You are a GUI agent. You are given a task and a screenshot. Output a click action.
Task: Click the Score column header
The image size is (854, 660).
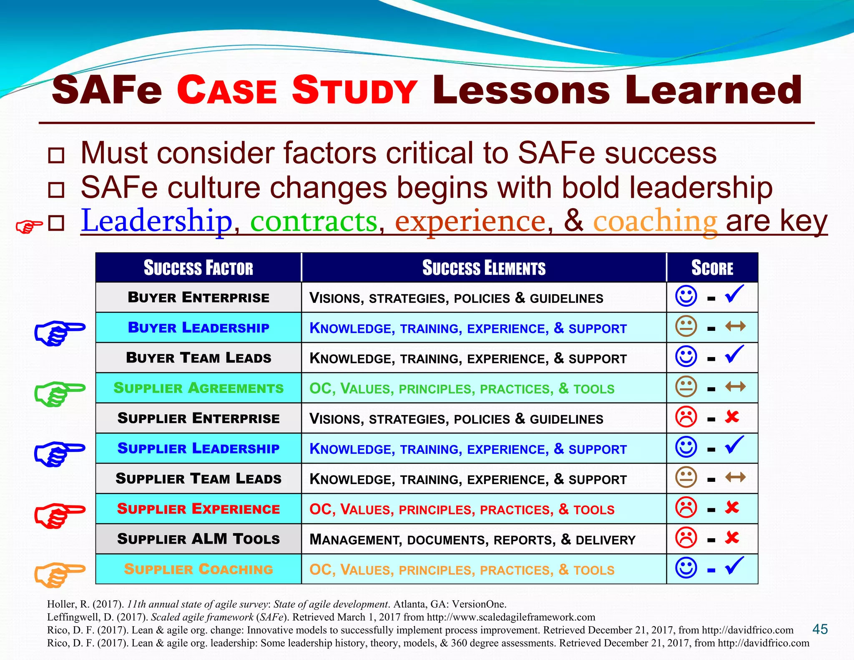point(712,268)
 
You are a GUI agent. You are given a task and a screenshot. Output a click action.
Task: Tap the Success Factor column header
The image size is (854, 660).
point(198,268)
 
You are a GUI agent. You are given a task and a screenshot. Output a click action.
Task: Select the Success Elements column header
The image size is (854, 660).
point(484,268)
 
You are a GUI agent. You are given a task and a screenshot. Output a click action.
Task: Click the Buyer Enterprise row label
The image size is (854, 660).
point(198,297)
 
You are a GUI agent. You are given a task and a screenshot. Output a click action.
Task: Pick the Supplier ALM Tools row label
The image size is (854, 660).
point(198,539)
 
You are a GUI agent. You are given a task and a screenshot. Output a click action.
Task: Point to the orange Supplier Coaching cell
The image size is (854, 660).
point(198,569)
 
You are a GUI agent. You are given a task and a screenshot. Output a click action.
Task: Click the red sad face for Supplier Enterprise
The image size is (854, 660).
point(686,417)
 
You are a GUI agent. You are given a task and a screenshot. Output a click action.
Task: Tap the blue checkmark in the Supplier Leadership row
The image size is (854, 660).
point(734,445)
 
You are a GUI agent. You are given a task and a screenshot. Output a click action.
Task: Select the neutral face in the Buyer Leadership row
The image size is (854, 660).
point(686,326)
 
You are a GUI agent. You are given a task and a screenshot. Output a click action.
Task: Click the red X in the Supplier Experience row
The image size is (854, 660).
point(732,508)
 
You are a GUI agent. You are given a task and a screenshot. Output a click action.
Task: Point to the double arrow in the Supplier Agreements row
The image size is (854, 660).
point(735,387)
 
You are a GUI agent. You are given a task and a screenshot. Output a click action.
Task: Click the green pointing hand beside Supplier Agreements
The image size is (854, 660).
point(60,393)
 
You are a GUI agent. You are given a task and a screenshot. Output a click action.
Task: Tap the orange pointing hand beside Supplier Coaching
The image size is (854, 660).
point(60,574)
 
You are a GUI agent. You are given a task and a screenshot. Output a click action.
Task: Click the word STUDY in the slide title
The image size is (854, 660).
point(354,90)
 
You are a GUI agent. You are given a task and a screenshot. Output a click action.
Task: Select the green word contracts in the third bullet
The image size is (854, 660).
point(314,221)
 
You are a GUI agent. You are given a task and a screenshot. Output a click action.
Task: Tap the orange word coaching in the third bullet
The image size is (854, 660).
point(655,221)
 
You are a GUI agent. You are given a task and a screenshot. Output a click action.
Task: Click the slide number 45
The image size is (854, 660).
point(820,629)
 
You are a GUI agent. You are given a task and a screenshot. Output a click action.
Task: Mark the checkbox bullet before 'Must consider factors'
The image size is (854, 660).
point(56,155)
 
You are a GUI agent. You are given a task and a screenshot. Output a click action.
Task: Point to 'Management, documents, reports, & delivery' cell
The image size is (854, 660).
point(472,539)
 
